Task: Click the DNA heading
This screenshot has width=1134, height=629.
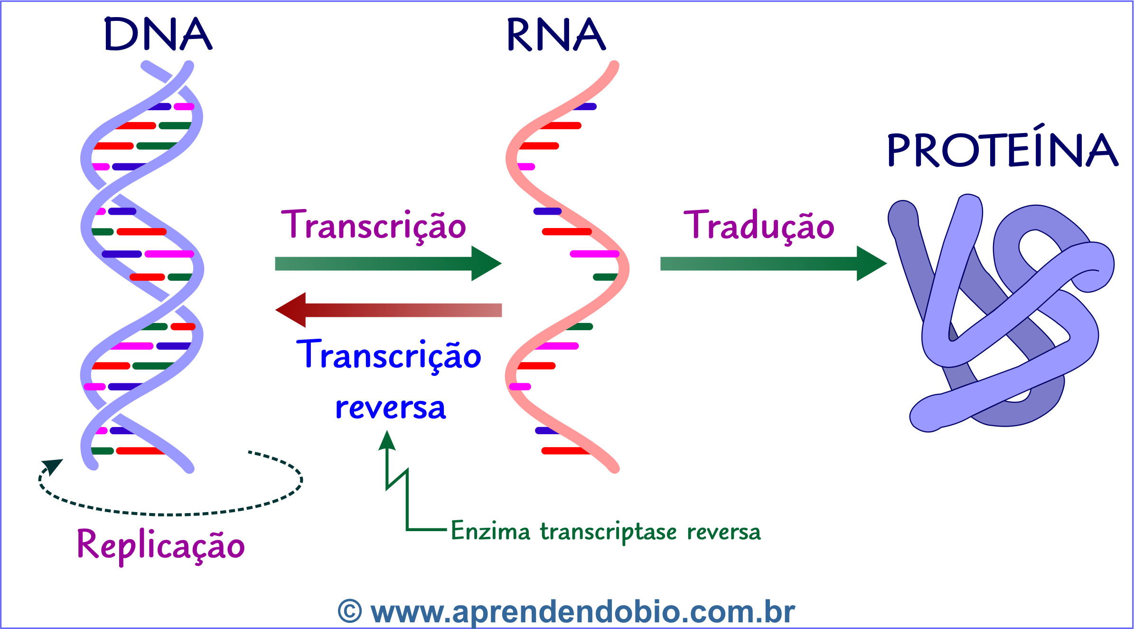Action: click(158, 34)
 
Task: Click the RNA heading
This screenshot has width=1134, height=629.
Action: click(556, 34)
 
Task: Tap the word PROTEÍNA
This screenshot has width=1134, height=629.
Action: click(1002, 150)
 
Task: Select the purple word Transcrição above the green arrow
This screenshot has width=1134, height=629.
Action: click(374, 225)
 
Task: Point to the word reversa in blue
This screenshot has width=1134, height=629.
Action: click(390, 408)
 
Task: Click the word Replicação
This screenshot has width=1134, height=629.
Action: click(160, 545)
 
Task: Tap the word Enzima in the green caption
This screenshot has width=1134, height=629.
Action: click(490, 531)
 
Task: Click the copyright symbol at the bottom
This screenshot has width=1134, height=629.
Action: click(350, 612)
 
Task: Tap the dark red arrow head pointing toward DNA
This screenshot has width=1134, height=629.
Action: click(291, 310)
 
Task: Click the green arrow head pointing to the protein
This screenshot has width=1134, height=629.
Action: click(872, 263)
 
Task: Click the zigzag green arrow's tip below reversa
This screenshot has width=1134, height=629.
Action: click(387, 439)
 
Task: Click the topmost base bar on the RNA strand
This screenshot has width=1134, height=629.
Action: click(585, 106)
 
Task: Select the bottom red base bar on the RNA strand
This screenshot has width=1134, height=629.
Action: click(565, 451)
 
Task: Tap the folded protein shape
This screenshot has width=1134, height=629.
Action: click(1002, 314)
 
